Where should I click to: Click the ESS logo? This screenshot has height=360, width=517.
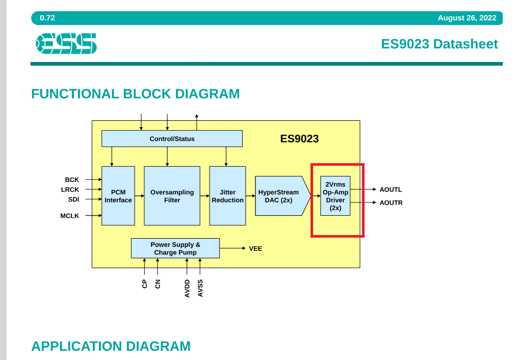coord(66,43)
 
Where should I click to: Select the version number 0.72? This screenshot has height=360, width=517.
coord(47,18)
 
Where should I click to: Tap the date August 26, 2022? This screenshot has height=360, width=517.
coord(467,18)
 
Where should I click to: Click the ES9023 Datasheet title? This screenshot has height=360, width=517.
coord(439,44)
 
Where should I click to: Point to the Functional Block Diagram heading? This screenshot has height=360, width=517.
coord(136,94)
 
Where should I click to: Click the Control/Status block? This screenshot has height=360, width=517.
coord(172,139)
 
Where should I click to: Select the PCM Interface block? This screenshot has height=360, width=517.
coord(118,196)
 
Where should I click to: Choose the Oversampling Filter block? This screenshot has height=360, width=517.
coord(172,196)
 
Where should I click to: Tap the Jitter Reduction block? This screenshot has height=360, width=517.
coord(227,196)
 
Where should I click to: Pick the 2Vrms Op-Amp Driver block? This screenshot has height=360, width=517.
coord(335,196)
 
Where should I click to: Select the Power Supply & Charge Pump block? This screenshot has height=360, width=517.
coord(175,248)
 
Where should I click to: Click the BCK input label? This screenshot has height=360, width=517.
coord(72,179)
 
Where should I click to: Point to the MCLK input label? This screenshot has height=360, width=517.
coord(69,216)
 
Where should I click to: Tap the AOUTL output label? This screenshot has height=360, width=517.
coord(391,190)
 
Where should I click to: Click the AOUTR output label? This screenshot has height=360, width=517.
coord(391,203)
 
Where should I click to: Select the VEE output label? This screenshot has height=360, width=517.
coord(255,248)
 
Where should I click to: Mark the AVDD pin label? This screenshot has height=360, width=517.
coord(187,289)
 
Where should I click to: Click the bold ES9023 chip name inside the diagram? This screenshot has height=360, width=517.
coord(299,139)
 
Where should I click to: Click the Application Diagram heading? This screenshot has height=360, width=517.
coord(111,346)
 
